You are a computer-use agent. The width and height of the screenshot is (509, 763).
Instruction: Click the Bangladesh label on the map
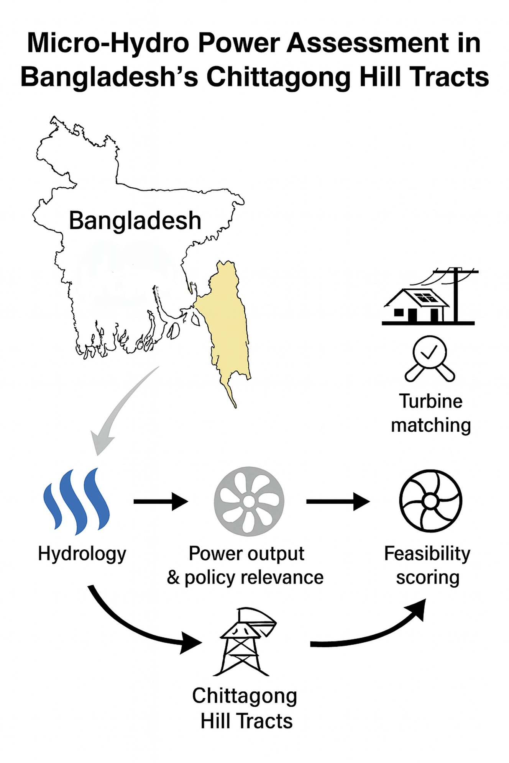coord(135,221)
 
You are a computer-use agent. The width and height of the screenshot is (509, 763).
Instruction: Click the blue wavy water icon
coord(77,501)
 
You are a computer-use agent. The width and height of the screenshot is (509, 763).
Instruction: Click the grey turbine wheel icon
coord(249,501)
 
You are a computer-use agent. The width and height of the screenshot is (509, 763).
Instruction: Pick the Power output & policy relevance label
coord(245,565)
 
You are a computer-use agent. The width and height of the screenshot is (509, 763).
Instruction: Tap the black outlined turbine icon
coord(430,501)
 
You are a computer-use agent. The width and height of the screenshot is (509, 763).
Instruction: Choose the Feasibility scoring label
coord(427,565)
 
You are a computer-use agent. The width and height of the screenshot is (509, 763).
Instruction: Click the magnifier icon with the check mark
coord(430,358)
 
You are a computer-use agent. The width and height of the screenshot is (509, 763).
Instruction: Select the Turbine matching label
coord(431,413)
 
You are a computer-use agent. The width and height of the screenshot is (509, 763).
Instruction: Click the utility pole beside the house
coord(456,295)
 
